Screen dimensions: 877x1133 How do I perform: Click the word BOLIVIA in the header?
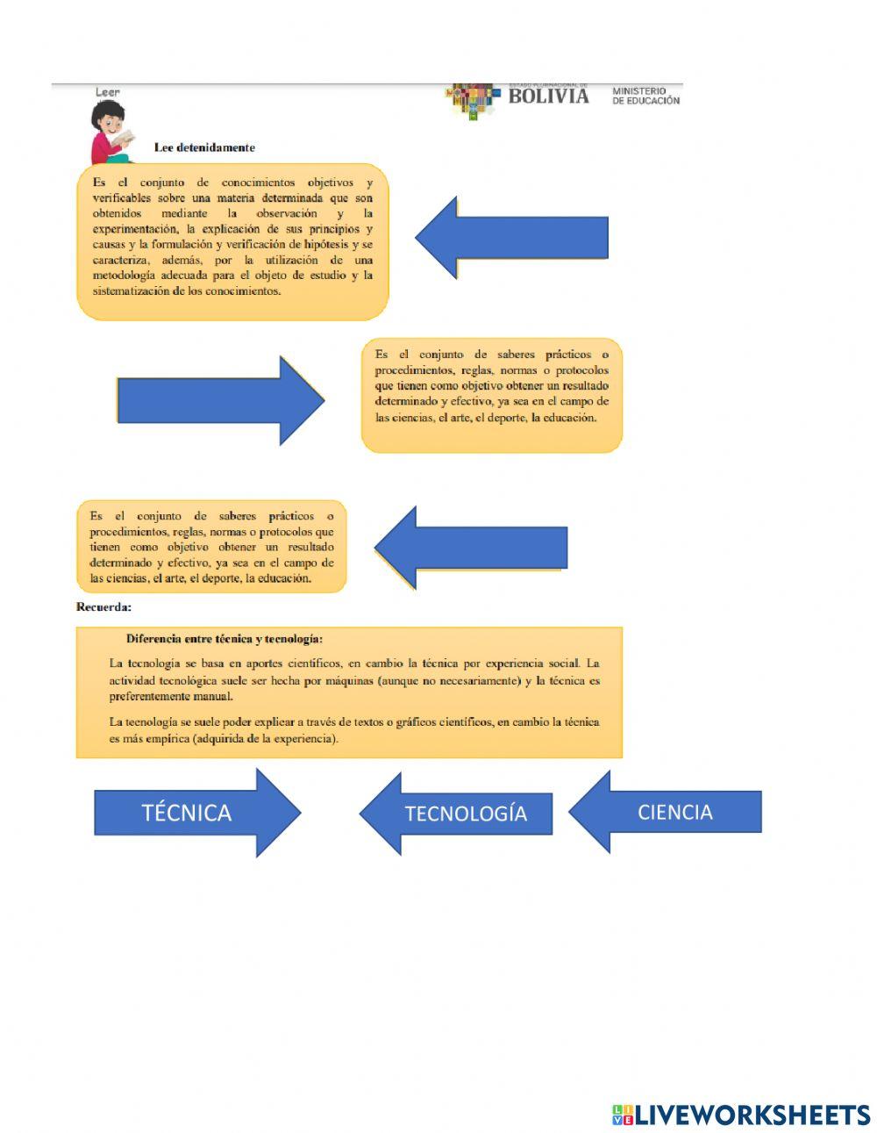[548, 96]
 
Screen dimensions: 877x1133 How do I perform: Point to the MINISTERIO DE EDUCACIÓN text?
[645, 96]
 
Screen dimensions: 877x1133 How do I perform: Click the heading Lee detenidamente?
[204, 147]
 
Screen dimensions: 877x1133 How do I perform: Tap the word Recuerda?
[103, 606]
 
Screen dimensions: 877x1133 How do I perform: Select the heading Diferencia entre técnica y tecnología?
[225, 639]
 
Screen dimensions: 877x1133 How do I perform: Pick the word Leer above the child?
[107, 91]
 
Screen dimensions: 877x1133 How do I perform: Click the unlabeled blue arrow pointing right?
[219, 400]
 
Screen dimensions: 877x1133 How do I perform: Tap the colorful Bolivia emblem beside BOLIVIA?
[473, 99]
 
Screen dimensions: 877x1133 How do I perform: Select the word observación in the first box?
[287, 213]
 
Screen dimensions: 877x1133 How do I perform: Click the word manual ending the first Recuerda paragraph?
[214, 697]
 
